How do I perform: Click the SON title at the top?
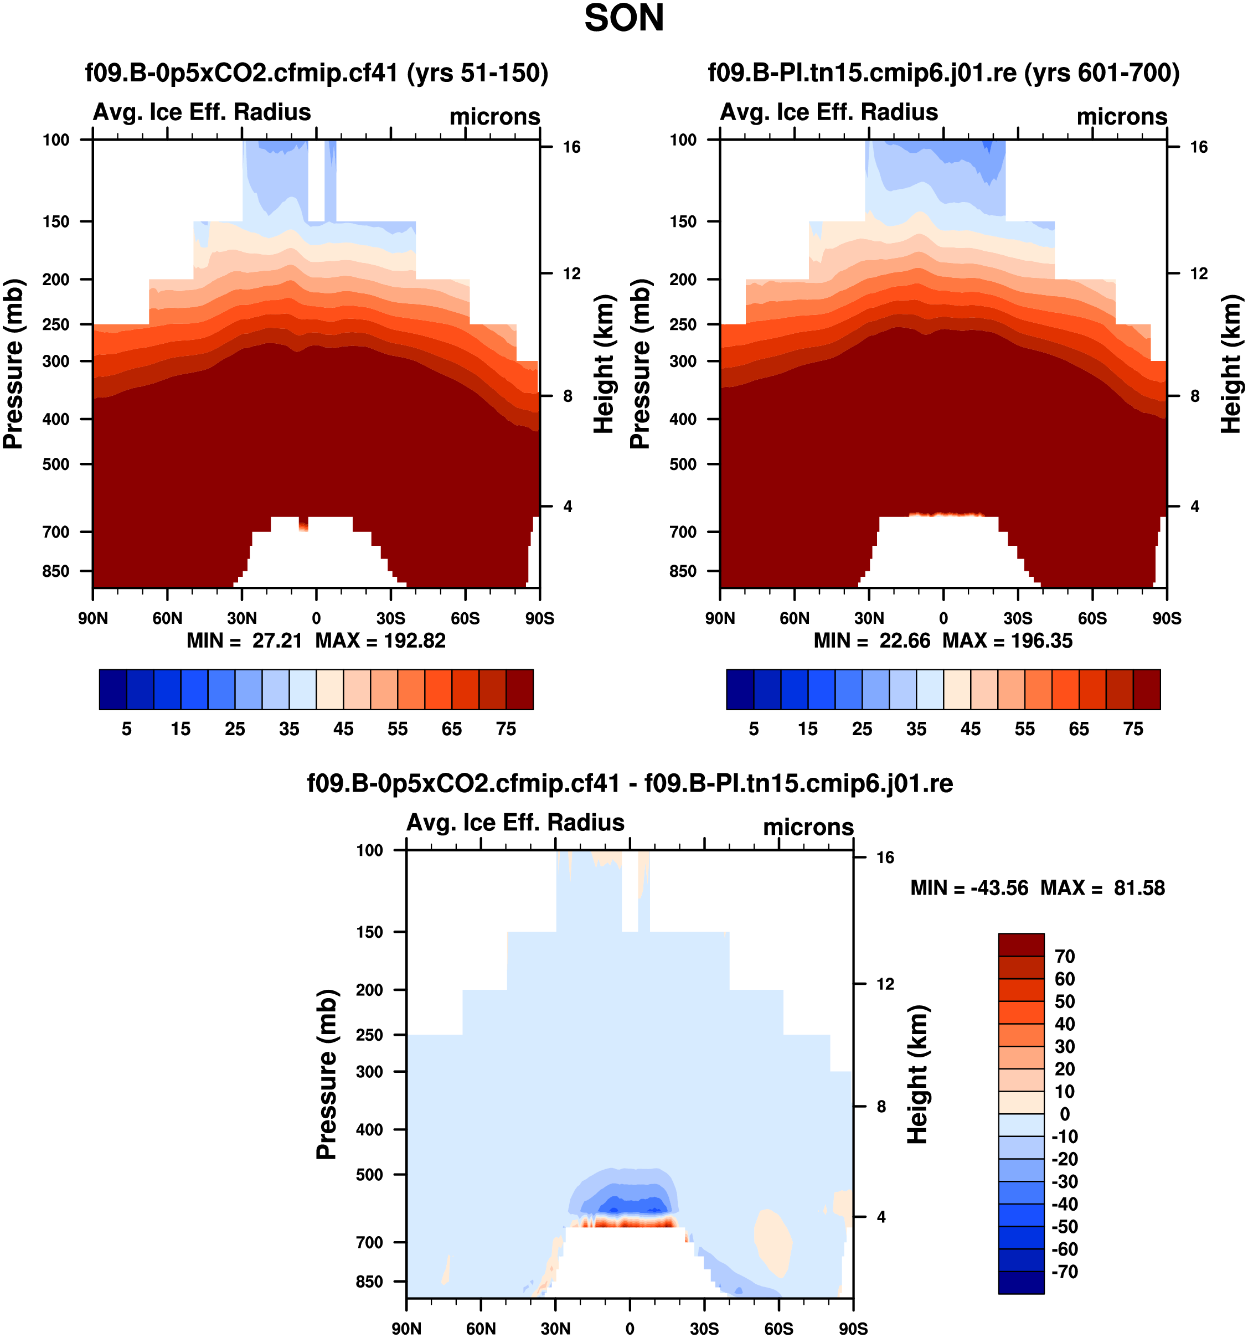pyautogui.click(x=623, y=18)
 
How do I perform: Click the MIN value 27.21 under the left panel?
pyautogui.click(x=277, y=640)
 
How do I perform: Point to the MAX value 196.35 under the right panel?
pyautogui.click(x=1041, y=640)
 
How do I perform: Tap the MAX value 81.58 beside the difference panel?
pyautogui.click(x=1139, y=888)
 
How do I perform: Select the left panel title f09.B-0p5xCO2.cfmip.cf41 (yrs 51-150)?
pyautogui.click(x=316, y=73)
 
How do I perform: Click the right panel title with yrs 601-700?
pyautogui.click(x=943, y=73)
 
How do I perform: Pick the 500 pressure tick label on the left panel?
pyautogui.click(x=56, y=464)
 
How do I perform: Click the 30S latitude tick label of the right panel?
pyautogui.click(x=1017, y=618)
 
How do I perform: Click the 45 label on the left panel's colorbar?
pyautogui.click(x=343, y=729)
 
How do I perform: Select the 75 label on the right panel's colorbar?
pyautogui.click(x=1133, y=729)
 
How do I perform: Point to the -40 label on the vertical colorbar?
pyautogui.click(x=1064, y=1204)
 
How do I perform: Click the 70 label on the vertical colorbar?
pyautogui.click(x=1064, y=957)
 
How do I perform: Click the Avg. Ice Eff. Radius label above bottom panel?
pyautogui.click(x=515, y=823)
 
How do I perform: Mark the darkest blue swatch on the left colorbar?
pyautogui.click(x=112, y=689)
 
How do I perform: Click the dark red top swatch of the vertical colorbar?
pyautogui.click(x=1020, y=944)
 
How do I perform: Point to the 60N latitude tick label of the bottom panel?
pyautogui.click(x=481, y=1329)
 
